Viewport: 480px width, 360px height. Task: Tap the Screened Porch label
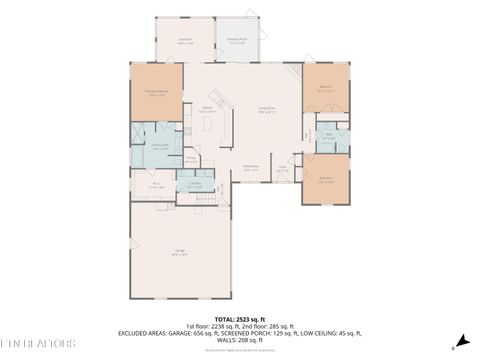tap(238, 41)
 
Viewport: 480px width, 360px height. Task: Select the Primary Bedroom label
tap(156, 95)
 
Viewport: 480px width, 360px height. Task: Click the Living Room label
tap(268, 111)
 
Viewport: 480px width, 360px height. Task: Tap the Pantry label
tap(190, 158)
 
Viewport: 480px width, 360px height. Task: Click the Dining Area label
tap(252, 168)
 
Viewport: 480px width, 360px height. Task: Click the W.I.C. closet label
tap(156, 185)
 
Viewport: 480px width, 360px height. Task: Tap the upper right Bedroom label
tap(325, 88)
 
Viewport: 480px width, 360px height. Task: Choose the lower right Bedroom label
tap(326, 180)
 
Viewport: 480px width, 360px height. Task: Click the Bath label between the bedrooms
tap(329, 137)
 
